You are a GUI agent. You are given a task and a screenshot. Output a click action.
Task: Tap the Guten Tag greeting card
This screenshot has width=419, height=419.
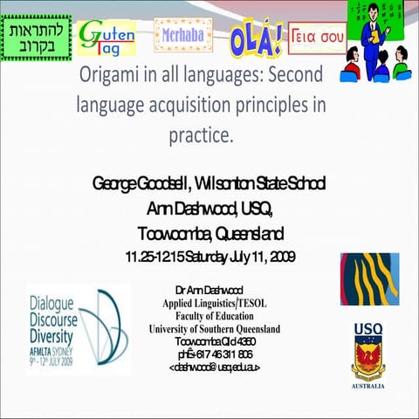click(106, 38)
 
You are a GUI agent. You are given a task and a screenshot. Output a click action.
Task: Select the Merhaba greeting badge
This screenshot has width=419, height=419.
click(182, 36)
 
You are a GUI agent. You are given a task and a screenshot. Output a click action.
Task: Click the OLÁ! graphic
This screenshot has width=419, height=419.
click(255, 38)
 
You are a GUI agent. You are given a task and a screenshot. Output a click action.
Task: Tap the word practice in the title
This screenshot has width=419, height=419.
click(203, 136)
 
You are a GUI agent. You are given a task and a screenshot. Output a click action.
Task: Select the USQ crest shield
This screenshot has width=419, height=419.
click(368, 359)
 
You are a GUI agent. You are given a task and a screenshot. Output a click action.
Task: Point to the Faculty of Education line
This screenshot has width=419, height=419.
click(213, 315)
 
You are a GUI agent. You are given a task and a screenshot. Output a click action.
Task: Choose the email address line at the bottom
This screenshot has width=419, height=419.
click(213, 367)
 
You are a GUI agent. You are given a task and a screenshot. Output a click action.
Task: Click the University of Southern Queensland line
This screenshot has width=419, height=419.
click(215, 328)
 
